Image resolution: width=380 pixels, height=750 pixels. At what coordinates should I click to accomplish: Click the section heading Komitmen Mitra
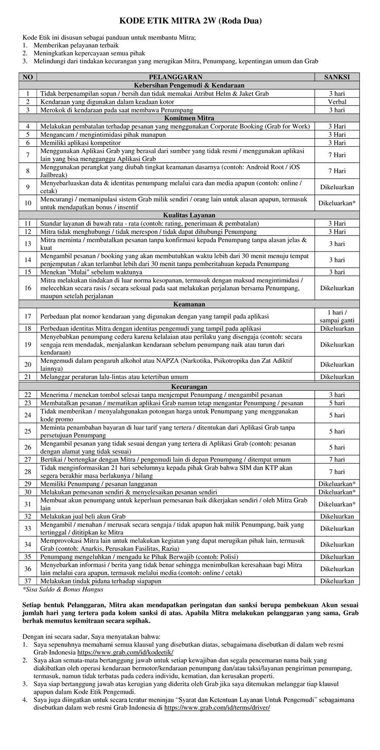pos(189,118)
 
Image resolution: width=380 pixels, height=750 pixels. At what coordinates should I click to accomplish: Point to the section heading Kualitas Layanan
pos(189,215)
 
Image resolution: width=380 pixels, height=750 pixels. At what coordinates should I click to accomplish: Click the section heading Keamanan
pos(189,304)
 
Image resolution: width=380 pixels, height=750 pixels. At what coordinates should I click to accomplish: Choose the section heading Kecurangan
pos(189,387)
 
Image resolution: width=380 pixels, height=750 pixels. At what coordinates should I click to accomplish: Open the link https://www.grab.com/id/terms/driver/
pos(217,707)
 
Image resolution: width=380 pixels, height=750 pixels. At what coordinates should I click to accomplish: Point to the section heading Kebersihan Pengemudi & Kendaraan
pos(189,85)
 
